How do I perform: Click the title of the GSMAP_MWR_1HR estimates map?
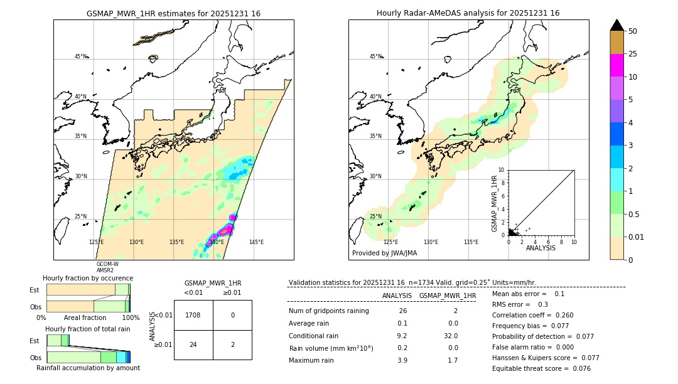click(173, 13)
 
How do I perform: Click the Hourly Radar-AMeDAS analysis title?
click(468, 13)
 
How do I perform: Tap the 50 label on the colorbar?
click(633, 31)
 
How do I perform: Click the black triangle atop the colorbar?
click(616, 24)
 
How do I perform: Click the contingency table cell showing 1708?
click(193, 315)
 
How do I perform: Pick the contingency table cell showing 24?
click(193, 344)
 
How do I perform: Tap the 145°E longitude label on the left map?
click(256, 242)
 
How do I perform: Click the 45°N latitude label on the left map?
click(81, 56)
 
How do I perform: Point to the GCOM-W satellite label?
click(107, 264)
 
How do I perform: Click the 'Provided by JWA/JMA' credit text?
click(384, 253)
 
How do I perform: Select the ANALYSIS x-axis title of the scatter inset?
click(541, 248)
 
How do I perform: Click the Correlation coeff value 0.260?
click(560, 316)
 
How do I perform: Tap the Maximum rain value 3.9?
click(402, 360)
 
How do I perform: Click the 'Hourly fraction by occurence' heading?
click(88, 278)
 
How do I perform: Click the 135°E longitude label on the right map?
click(471, 242)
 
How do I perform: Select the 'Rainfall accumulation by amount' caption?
click(88, 368)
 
